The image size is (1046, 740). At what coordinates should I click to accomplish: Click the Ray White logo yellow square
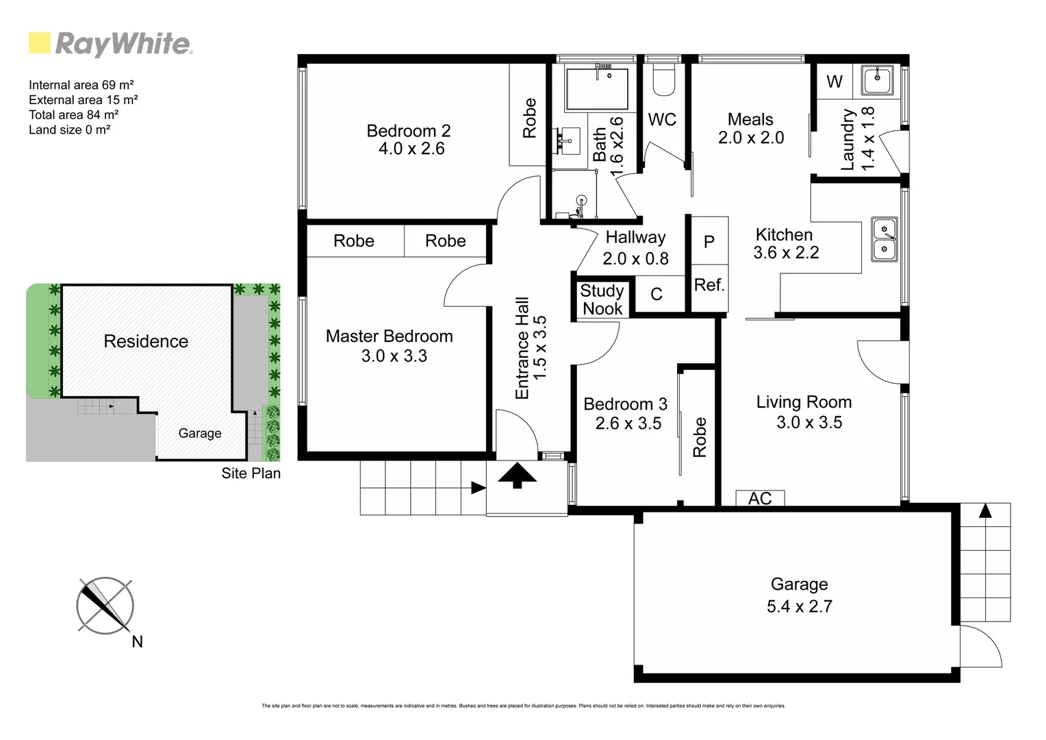(39, 43)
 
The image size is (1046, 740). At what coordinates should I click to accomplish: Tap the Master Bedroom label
(389, 336)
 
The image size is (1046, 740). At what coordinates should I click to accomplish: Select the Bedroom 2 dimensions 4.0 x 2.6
(411, 149)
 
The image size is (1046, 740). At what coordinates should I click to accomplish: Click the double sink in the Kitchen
(884, 239)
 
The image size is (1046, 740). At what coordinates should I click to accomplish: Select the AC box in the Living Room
(760, 498)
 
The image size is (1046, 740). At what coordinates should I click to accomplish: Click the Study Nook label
(602, 300)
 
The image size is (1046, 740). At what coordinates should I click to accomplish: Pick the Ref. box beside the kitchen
(709, 286)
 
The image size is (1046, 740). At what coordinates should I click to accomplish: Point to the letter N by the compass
(137, 642)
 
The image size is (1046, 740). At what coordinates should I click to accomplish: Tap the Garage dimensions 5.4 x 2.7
(799, 606)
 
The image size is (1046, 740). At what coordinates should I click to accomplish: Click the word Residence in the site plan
(146, 341)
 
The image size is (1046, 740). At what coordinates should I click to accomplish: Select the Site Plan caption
(251, 473)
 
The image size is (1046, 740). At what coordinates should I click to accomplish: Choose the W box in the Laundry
(834, 82)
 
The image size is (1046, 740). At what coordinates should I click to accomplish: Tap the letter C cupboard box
(656, 295)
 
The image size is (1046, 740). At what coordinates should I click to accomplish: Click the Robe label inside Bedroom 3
(700, 437)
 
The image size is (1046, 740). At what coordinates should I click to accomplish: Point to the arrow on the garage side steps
(984, 510)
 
